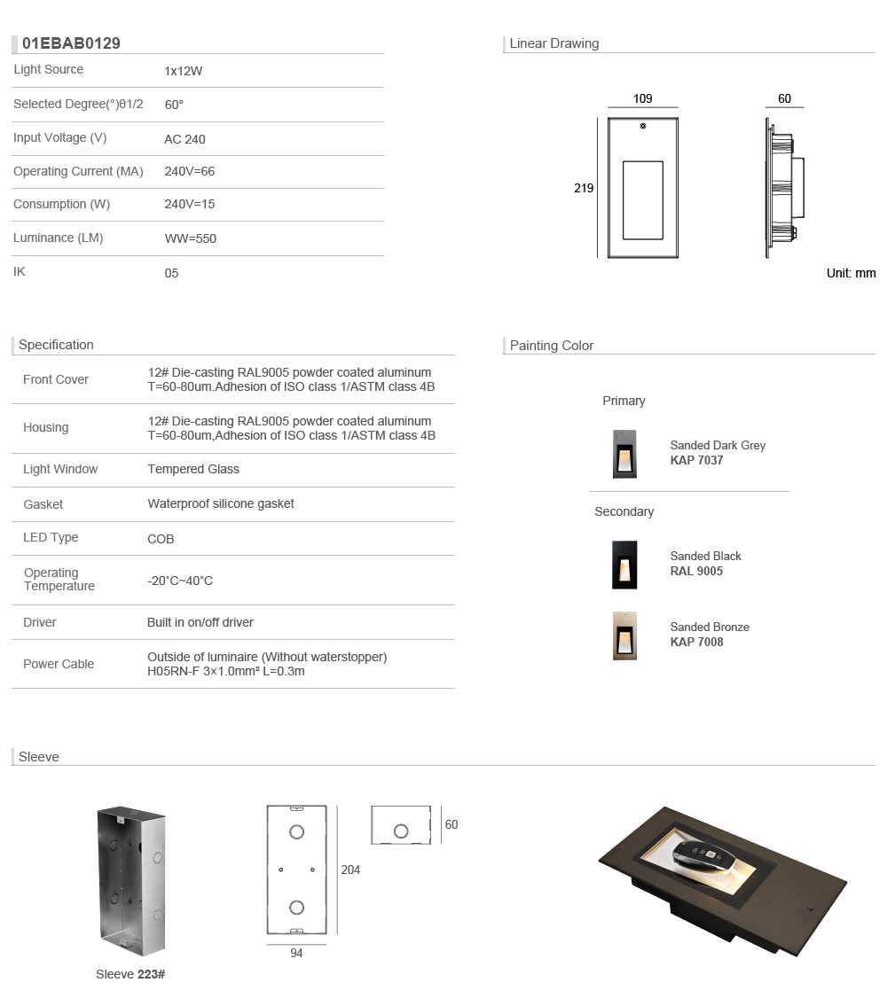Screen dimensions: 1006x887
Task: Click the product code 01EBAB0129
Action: tap(71, 43)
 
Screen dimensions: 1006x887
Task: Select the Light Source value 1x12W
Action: tap(184, 71)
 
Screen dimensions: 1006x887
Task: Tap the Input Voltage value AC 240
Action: tap(184, 139)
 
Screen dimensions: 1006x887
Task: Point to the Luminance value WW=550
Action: tap(190, 238)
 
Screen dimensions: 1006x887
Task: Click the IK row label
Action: tap(20, 271)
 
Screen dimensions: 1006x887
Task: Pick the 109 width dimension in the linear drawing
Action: tap(643, 99)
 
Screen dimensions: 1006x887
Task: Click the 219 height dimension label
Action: tap(584, 188)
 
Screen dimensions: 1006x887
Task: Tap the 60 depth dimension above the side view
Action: tap(784, 99)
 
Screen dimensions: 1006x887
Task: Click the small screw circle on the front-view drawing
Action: tap(643, 127)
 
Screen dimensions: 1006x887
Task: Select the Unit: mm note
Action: tap(851, 273)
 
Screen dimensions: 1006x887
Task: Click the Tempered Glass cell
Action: tap(193, 469)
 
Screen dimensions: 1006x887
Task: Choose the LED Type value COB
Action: tap(161, 539)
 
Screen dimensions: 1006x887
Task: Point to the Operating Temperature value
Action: tap(180, 581)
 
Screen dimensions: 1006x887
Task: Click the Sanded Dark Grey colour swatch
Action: tap(624, 454)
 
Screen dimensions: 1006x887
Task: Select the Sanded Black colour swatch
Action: tap(624, 564)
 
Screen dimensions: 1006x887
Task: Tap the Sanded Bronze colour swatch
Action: tap(624, 636)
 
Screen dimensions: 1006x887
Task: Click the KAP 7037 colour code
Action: tap(696, 461)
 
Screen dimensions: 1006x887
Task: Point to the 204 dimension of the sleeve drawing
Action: tap(350, 870)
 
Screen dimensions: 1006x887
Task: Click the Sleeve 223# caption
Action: tap(130, 974)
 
